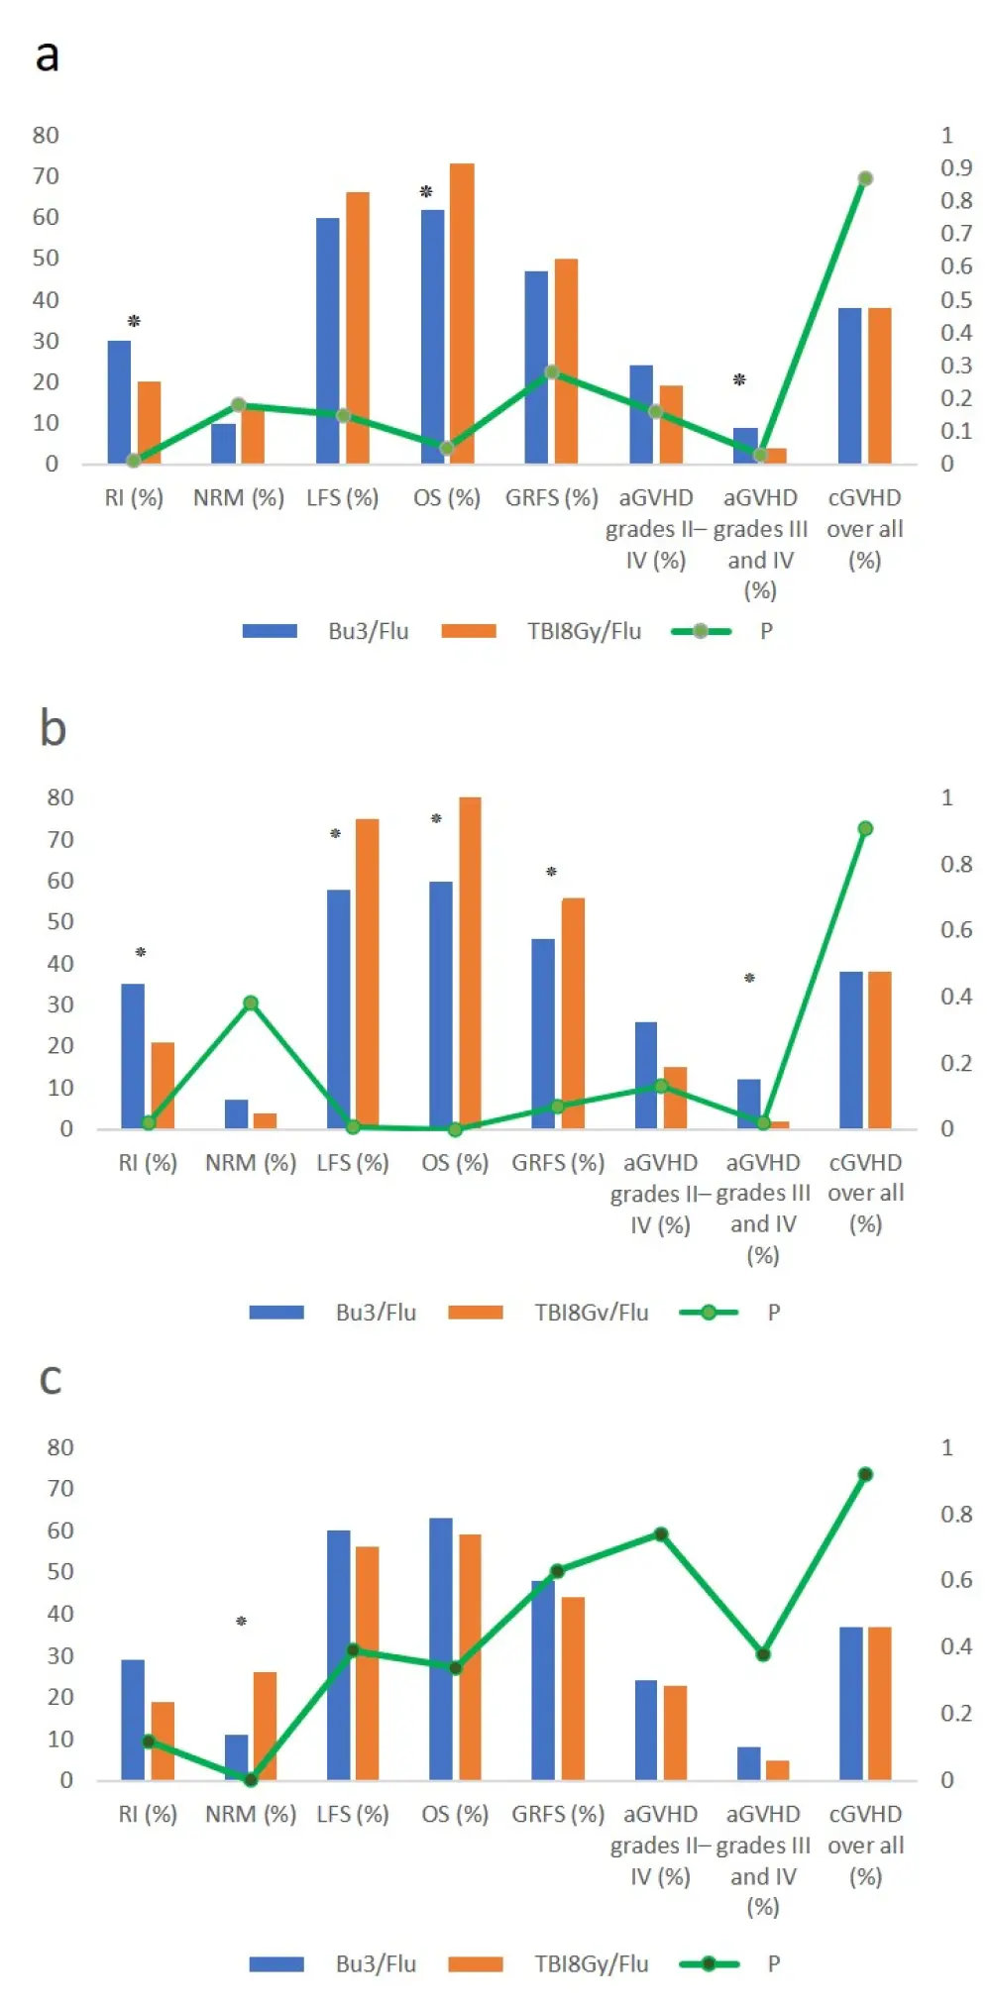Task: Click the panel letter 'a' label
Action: (47, 56)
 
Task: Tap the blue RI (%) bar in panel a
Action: (119, 401)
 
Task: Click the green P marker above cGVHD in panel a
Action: (865, 179)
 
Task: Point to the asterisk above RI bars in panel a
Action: (134, 321)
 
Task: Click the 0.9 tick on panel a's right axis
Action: (955, 167)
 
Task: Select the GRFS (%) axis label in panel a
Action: (551, 497)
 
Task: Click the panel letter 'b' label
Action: (53, 728)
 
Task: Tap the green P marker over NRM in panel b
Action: (251, 1003)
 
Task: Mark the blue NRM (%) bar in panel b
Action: (236, 1113)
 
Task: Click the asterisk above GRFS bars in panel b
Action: (552, 872)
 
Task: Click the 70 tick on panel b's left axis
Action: (59, 839)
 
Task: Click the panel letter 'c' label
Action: (51, 1379)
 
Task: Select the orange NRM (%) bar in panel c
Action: (265, 1726)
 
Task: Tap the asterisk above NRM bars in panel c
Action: (241, 1622)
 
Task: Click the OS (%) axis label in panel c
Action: (455, 1814)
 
